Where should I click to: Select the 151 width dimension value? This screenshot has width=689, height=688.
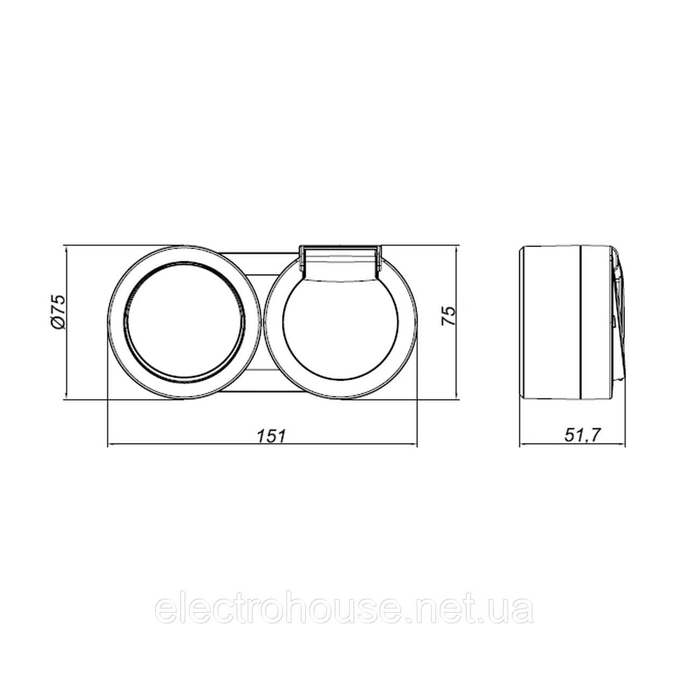tap(271, 436)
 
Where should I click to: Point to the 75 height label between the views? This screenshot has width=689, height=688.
tap(449, 316)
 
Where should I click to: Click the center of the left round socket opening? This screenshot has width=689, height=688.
tap(185, 322)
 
